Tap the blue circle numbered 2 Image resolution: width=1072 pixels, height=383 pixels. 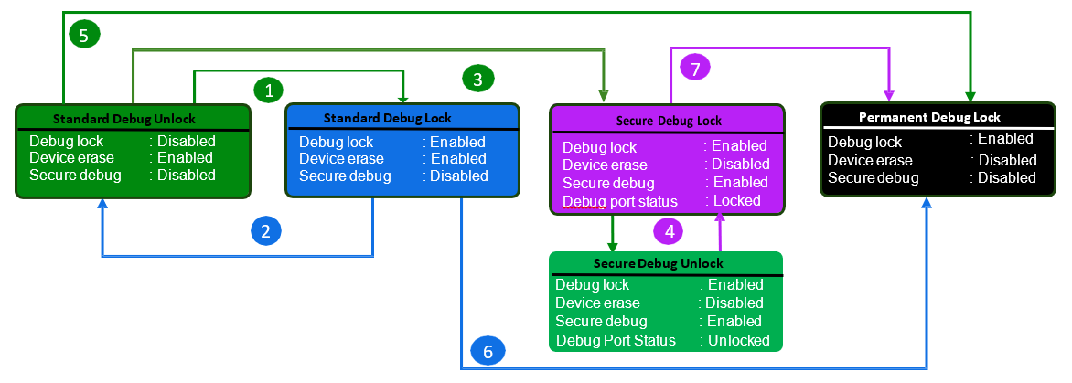[x=265, y=231]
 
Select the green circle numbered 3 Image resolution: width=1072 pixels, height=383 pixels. [x=478, y=79]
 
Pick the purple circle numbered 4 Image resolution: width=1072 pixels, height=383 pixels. [x=669, y=231]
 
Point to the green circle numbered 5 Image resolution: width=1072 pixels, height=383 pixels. [x=84, y=35]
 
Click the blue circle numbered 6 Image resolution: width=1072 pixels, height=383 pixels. [x=487, y=351]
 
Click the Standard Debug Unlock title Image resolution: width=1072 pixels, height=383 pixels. [x=123, y=119]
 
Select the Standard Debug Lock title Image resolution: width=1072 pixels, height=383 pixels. [x=388, y=118]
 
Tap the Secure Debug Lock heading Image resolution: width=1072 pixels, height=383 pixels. [x=669, y=121]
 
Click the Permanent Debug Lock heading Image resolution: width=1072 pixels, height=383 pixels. [x=929, y=117]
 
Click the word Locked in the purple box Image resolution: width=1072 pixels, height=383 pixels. [x=736, y=200]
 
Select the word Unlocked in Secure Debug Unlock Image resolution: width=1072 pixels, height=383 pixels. [x=739, y=340]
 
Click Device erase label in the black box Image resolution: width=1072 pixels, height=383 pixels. [x=870, y=160]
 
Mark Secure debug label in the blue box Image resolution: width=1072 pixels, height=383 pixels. [x=345, y=176]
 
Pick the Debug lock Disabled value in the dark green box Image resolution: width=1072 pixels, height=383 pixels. [x=186, y=141]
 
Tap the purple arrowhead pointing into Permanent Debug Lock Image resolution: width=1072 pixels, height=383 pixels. [x=889, y=96]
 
